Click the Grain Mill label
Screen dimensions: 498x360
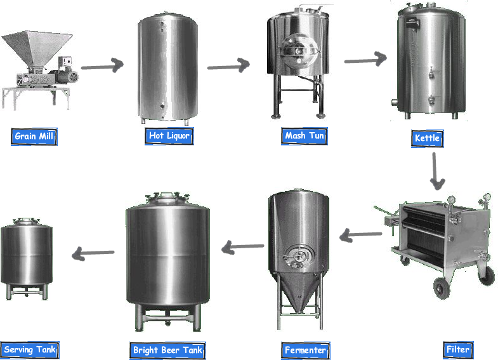coord(34,137)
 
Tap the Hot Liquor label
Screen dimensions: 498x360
coord(169,136)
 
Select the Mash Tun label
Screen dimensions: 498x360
coord(305,136)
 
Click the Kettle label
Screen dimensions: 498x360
coord(427,138)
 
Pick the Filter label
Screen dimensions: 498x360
coord(458,350)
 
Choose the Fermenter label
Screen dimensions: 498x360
coord(306,350)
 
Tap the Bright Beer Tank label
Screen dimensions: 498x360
coord(167,350)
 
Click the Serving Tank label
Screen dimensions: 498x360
coord(30,350)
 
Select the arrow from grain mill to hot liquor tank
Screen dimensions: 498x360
coord(102,66)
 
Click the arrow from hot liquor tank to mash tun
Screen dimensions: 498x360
coord(228,65)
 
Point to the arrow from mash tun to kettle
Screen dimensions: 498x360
coord(365,60)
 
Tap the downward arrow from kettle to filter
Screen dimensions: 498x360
coord(436,171)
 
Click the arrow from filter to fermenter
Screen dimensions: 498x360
coord(361,235)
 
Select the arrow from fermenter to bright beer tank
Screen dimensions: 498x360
coord(242,247)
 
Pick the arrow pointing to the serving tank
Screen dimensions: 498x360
coord(93,253)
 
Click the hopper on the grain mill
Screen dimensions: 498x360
coord(37,48)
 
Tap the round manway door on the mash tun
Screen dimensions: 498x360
coord(299,51)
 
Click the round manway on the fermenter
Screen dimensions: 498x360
coord(298,256)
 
